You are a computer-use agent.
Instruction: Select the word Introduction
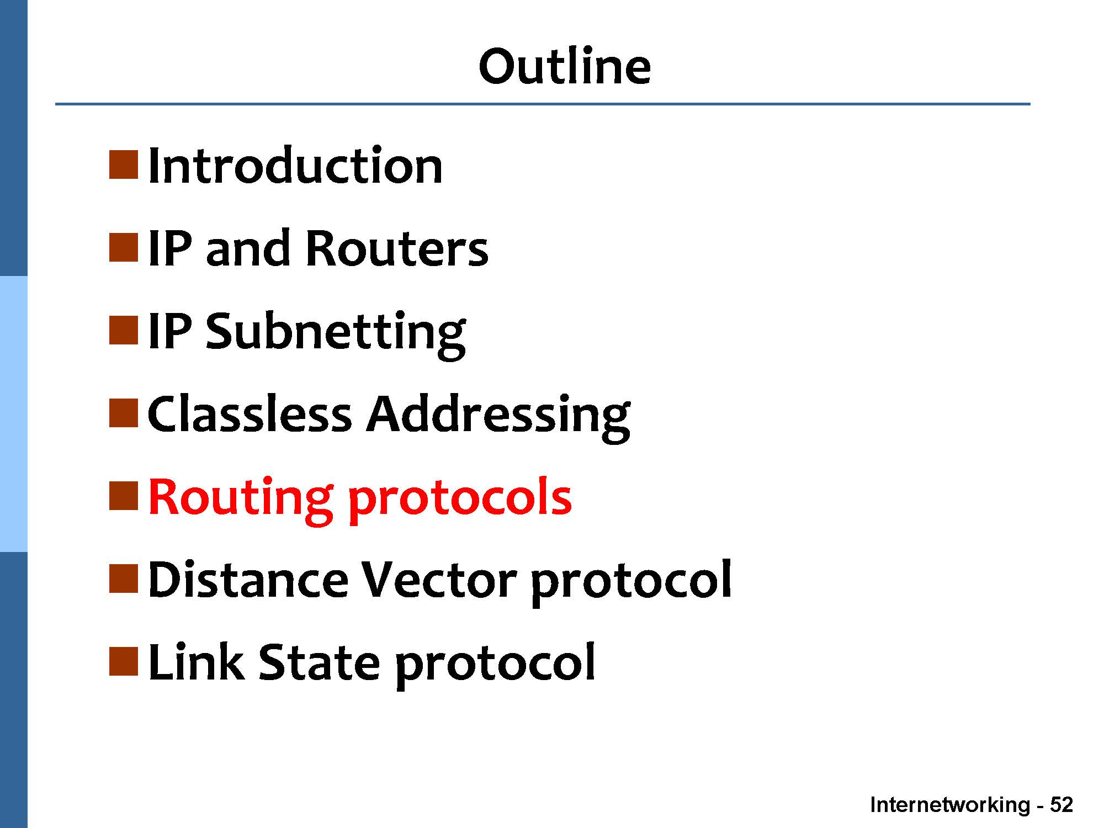pos(295,166)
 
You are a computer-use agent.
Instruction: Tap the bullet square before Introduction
pos(123,165)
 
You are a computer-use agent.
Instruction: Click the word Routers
pos(396,248)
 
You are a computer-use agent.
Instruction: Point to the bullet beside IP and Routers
pos(123,248)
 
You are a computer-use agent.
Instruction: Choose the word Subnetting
pos(336,333)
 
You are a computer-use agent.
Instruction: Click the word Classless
pos(250,414)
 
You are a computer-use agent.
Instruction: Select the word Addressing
pos(498,417)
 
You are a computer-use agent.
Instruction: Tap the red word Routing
pos(241,499)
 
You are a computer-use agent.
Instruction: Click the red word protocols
pos(460,500)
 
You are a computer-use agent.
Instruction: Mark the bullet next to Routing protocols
pos(123,496)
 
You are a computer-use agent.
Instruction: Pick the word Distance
pos(248,580)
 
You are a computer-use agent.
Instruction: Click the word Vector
pos(439,580)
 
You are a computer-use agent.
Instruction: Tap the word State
pos(319,662)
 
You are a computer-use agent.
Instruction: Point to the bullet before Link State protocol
pos(123,662)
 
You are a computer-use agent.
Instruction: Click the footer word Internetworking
pos(950,804)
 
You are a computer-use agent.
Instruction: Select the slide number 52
pos(1061,804)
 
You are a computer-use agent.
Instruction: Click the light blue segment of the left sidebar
pos(13,414)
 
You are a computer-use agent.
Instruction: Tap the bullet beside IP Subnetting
pos(123,331)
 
